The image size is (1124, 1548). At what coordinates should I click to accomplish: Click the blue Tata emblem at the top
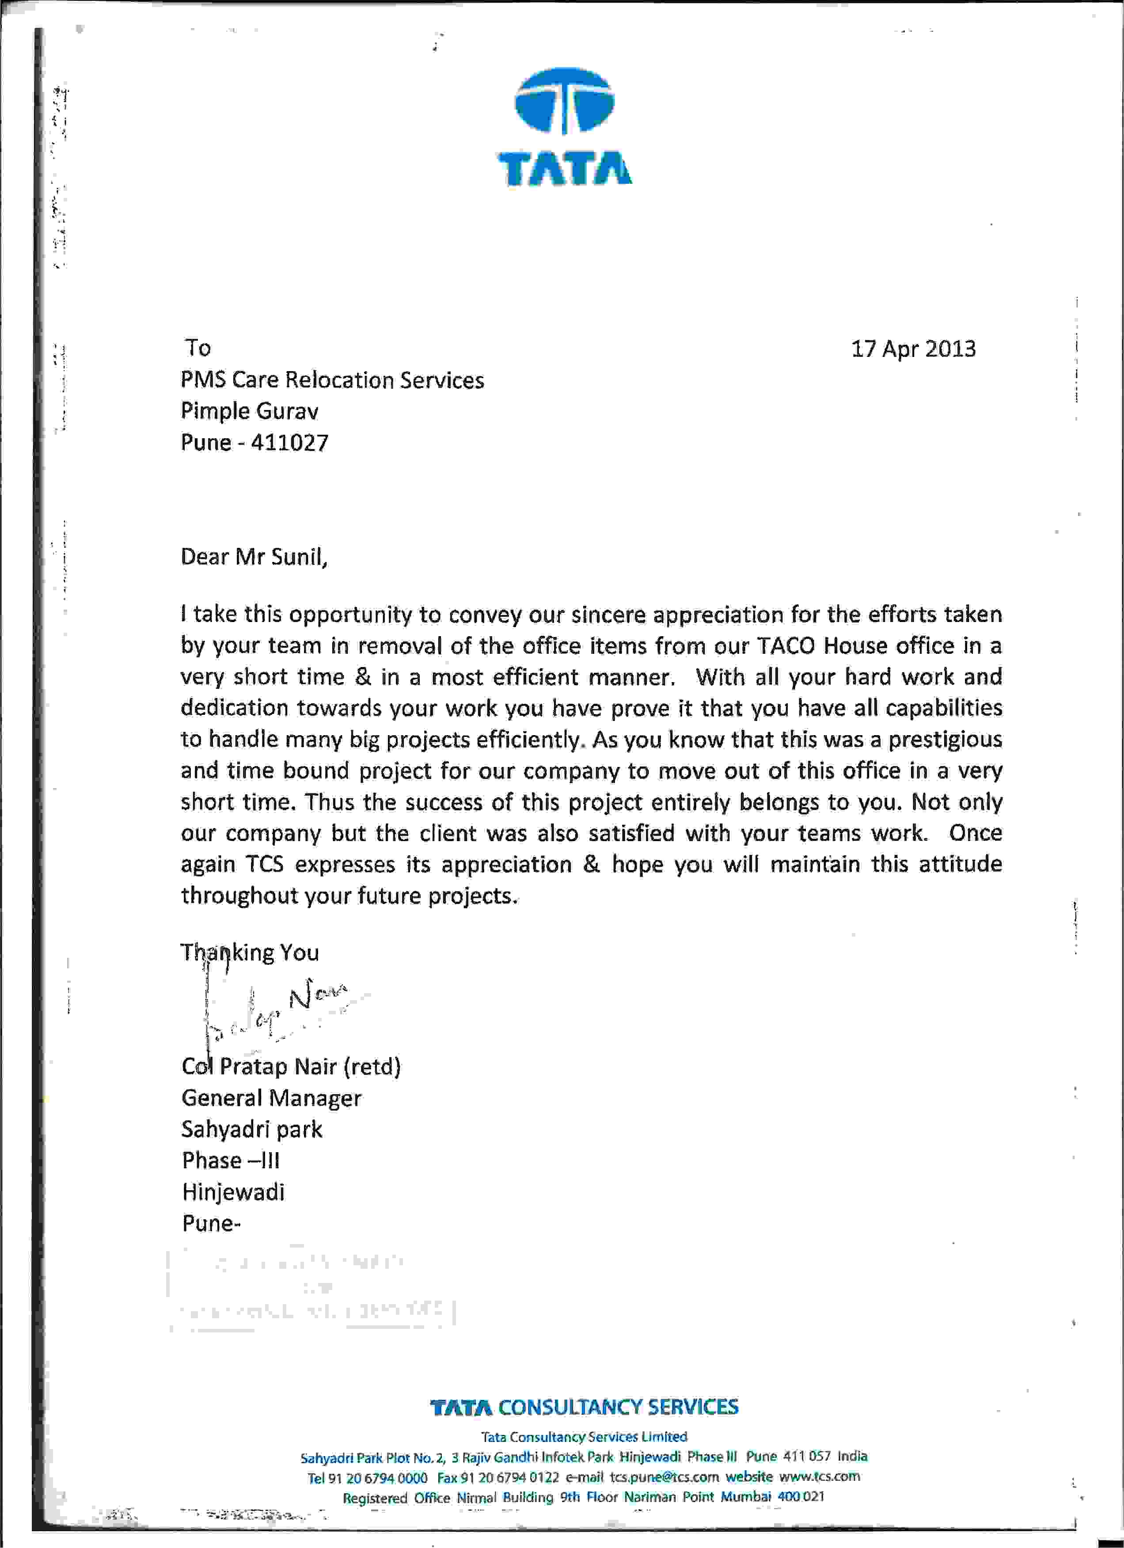coord(564,101)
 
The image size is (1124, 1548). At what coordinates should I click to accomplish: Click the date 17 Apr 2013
coord(913,349)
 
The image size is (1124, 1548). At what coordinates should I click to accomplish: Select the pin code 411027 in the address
coord(289,443)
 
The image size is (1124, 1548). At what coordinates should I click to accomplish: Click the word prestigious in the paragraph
coord(945,739)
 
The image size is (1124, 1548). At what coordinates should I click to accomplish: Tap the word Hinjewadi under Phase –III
coord(233,1192)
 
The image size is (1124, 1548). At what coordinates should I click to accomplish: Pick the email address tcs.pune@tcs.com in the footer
coord(664,1477)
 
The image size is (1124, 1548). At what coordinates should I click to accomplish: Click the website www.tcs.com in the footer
coord(819,1476)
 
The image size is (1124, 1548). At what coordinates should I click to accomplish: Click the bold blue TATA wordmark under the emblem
coord(564,169)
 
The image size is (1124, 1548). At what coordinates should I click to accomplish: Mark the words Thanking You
coord(249,952)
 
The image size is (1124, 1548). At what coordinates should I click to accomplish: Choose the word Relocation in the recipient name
coord(339,380)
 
